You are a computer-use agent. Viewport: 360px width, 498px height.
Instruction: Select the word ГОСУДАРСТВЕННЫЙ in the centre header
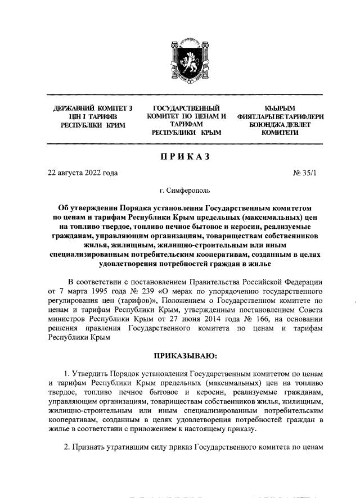[186, 107]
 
